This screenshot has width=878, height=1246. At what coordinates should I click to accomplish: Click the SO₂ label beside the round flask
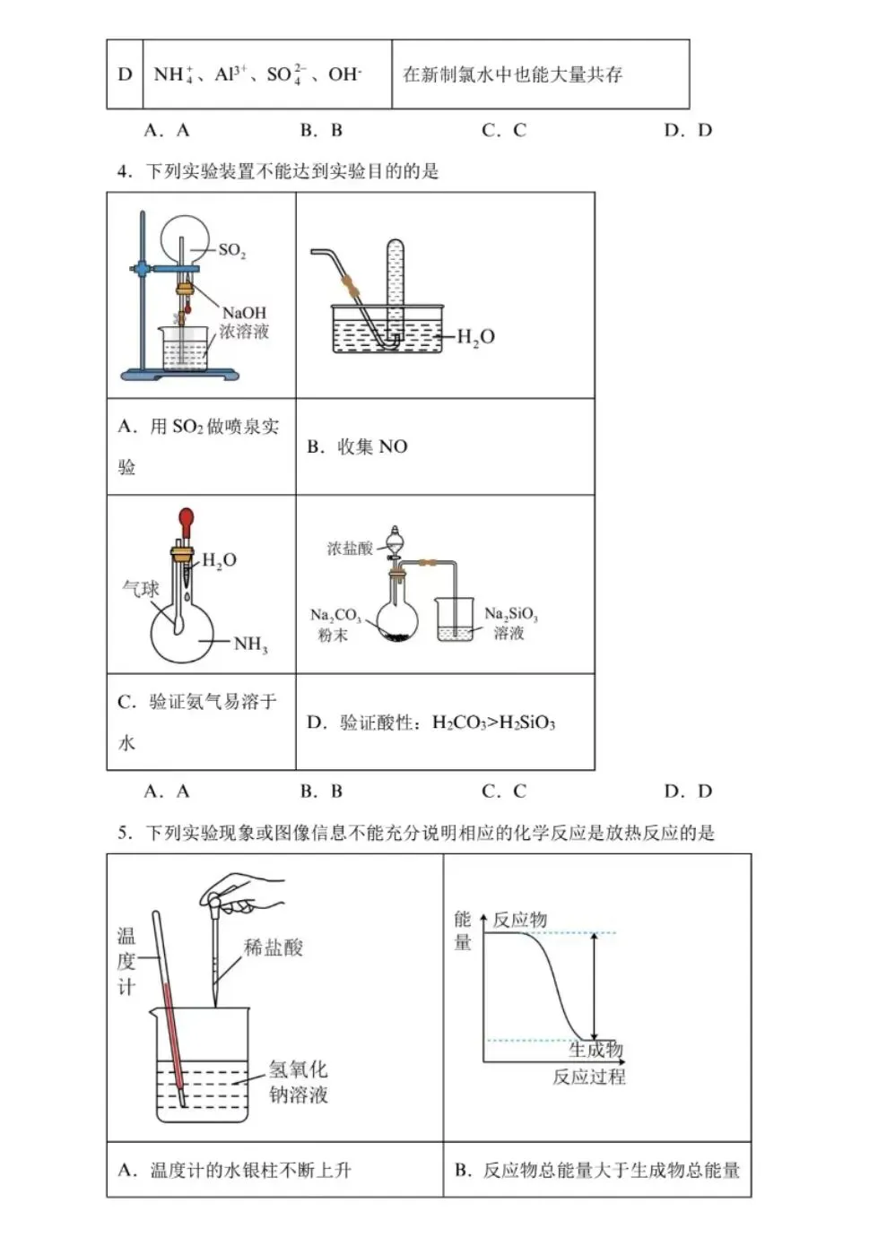(x=231, y=251)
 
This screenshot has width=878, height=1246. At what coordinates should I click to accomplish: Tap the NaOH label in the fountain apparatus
(x=244, y=313)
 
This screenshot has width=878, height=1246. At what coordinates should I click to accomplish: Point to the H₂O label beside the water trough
(x=475, y=337)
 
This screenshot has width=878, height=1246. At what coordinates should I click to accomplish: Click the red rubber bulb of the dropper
(x=186, y=519)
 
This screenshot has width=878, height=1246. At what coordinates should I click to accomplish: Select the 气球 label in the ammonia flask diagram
(x=141, y=589)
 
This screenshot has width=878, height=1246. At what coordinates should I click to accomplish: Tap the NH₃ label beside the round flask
(x=250, y=644)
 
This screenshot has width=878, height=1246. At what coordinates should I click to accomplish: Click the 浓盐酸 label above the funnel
(x=349, y=548)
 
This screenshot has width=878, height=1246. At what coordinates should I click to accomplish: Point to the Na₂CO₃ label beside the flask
(x=335, y=616)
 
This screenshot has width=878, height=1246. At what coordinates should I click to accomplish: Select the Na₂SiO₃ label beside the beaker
(x=510, y=614)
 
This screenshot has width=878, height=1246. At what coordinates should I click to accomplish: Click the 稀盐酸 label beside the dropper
(x=274, y=947)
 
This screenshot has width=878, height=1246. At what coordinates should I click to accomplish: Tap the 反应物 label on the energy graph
(x=519, y=920)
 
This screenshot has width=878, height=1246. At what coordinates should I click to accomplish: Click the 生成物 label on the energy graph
(x=595, y=1050)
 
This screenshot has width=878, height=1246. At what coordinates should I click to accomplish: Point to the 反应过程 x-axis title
(x=588, y=1077)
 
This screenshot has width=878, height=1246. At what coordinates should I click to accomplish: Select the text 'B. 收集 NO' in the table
(x=357, y=446)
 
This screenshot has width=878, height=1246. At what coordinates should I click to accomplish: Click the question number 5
(x=124, y=833)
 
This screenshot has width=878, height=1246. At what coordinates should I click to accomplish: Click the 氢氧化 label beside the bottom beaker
(x=298, y=1069)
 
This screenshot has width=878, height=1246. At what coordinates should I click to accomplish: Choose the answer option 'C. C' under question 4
(x=504, y=791)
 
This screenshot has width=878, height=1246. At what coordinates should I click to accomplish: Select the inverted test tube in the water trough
(x=396, y=287)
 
